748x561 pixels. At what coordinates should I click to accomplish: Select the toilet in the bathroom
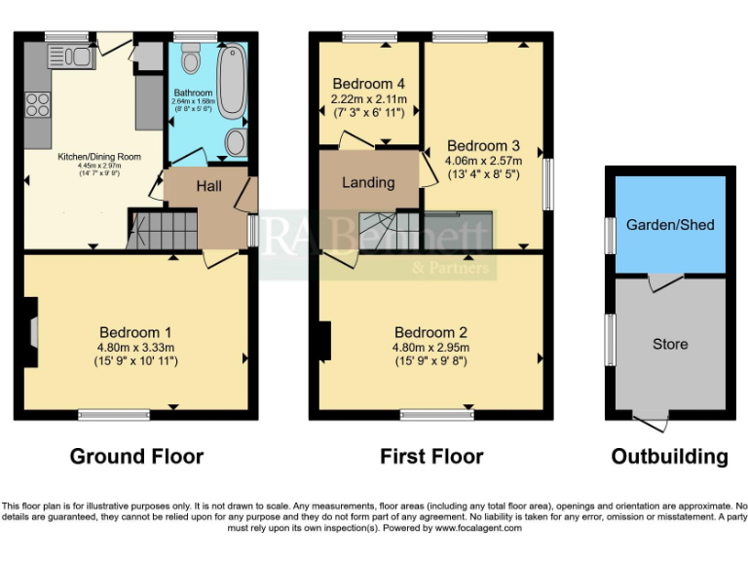[191, 63]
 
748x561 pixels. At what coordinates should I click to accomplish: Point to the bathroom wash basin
[234, 143]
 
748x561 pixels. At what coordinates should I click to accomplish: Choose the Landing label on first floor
[368, 182]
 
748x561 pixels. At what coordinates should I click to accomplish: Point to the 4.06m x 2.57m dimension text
[483, 161]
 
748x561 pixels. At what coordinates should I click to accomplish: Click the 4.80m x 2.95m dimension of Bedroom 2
[430, 348]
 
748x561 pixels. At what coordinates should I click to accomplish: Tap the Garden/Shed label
[670, 225]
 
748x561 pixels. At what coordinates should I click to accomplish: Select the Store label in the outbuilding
[670, 344]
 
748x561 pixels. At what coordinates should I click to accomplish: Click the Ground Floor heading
[136, 456]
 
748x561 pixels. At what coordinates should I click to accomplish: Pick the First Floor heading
[431, 456]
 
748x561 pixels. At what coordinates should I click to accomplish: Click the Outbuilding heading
[669, 456]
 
